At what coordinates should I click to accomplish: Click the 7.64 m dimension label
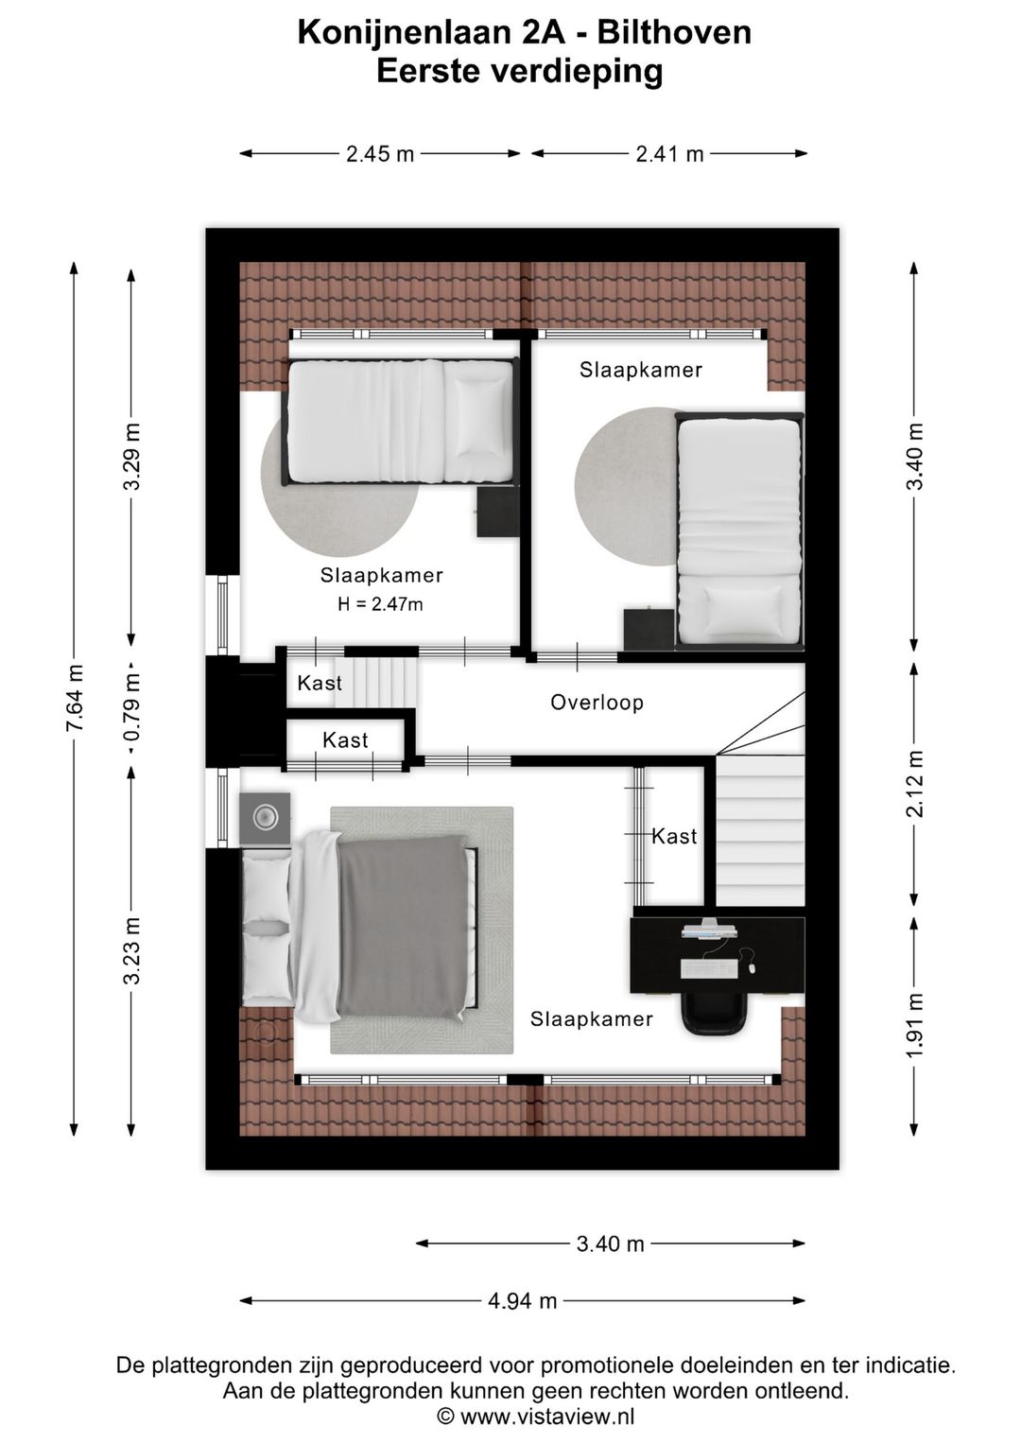(76, 698)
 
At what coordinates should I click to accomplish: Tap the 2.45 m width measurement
(380, 154)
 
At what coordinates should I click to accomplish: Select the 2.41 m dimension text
(669, 154)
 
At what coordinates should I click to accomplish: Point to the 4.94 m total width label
(522, 1300)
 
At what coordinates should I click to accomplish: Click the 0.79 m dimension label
(132, 707)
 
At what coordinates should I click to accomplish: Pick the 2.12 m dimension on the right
(914, 783)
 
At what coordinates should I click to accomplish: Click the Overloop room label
(597, 703)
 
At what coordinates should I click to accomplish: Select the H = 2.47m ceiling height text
(380, 604)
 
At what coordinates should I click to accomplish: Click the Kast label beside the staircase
(674, 837)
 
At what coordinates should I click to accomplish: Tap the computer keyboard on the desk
(710, 968)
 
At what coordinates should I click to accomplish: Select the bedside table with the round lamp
(265, 818)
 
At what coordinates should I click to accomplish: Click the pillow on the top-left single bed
(480, 417)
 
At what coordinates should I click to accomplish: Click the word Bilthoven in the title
(674, 33)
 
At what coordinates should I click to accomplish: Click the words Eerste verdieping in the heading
(519, 72)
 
